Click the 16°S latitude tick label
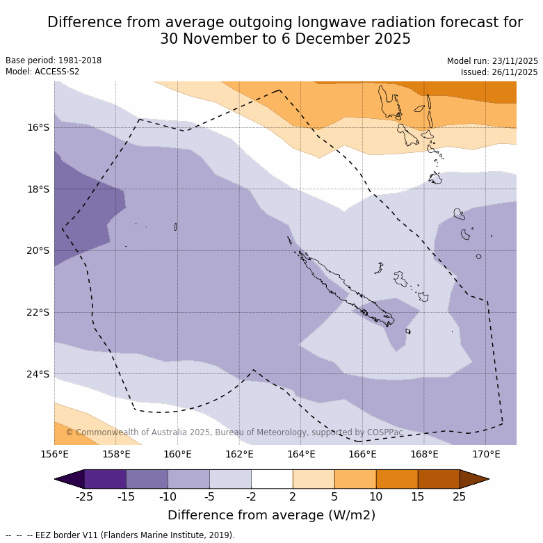(38, 127)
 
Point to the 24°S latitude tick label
(38, 374)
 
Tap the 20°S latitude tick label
(38, 251)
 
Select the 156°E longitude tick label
(54, 455)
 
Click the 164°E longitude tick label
(301, 455)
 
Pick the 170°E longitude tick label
(486, 455)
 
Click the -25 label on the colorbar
(84, 496)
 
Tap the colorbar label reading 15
(418, 496)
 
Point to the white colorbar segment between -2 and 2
(272, 479)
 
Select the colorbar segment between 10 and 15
(397, 479)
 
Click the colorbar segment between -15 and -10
(147, 479)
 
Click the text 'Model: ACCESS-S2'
(42, 72)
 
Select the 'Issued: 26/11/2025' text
(499, 72)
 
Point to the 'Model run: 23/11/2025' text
(492, 61)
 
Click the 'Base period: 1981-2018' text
(54, 60)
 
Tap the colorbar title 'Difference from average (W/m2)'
(271, 515)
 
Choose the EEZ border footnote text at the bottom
(120, 535)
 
